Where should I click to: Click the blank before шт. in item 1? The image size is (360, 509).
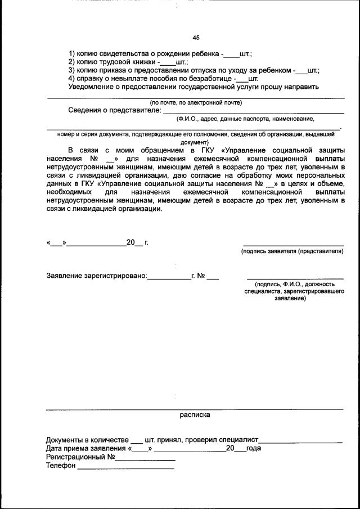pos(231,56)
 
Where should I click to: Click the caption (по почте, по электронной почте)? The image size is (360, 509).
pos(196,102)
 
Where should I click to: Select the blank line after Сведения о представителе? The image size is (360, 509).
pos(253,113)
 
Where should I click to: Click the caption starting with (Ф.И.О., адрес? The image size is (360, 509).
pos(245,119)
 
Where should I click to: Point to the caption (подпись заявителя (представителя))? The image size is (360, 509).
pos(292,251)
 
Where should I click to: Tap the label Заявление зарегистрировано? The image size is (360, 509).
pos(96,276)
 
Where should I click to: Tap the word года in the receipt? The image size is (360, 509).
pos(253,448)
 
